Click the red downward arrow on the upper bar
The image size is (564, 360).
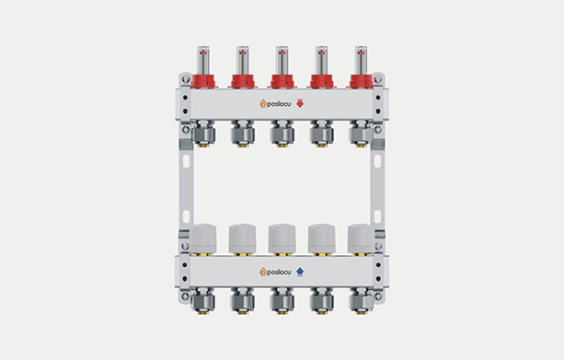(x=300, y=104)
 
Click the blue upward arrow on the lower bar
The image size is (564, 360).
(x=300, y=272)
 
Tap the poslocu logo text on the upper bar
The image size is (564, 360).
(x=279, y=104)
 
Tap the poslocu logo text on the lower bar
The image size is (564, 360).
(x=279, y=273)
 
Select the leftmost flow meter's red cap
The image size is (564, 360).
(x=203, y=81)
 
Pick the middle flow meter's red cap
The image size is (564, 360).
(x=282, y=81)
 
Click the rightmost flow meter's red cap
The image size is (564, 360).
(x=361, y=81)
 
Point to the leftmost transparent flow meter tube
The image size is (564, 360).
(x=203, y=60)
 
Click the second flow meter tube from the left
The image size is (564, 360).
(x=243, y=60)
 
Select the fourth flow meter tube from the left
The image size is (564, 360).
(x=322, y=60)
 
